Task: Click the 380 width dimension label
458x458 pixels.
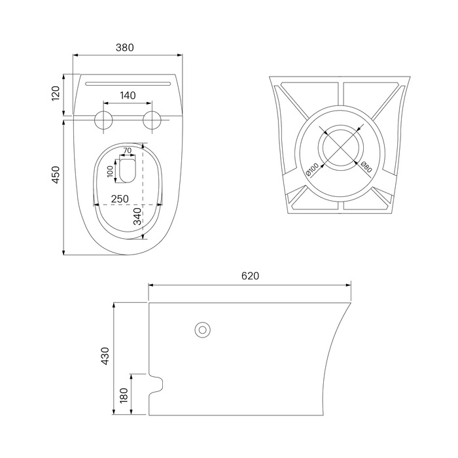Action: pyautogui.click(x=125, y=47)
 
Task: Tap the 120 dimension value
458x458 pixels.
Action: pyautogui.click(x=56, y=94)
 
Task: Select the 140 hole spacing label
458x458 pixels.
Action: pyautogui.click(x=128, y=96)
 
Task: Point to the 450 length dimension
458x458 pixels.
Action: pyautogui.click(x=56, y=175)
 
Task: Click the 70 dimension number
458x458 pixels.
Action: pyautogui.click(x=128, y=150)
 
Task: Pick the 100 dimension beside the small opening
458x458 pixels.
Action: pyautogui.click(x=110, y=171)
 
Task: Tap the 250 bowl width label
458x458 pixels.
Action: pyautogui.click(x=120, y=199)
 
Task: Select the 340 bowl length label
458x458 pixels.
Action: pyautogui.click(x=137, y=217)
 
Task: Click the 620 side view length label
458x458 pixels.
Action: pyautogui.click(x=251, y=276)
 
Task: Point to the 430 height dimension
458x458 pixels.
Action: pyautogui.click(x=105, y=356)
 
